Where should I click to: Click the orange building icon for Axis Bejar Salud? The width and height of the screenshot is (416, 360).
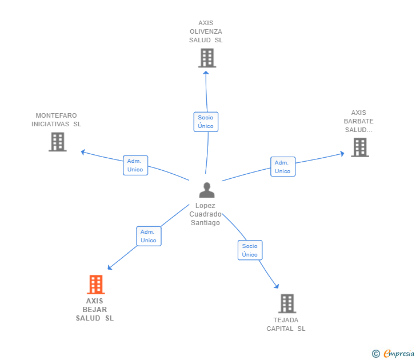click(95, 284)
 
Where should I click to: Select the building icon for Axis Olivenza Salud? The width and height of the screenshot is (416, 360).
click(207, 58)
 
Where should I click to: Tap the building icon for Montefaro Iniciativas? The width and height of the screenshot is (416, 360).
click(57, 142)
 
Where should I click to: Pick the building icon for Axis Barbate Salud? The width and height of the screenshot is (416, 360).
click(359, 147)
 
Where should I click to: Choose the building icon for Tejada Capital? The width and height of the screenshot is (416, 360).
click(287, 303)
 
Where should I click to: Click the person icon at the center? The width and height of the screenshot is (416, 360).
click(206, 190)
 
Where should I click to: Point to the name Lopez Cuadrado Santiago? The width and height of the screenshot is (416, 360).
click(206, 214)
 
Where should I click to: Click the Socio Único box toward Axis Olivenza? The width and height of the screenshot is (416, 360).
click(206, 122)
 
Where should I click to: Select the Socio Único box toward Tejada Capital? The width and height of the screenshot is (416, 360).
click(250, 250)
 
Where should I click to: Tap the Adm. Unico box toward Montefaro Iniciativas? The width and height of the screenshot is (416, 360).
click(135, 165)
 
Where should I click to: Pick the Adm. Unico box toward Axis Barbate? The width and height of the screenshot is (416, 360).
click(282, 167)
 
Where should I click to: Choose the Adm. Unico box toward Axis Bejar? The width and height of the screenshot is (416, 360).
click(149, 236)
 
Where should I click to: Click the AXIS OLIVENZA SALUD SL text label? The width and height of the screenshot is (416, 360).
click(206, 32)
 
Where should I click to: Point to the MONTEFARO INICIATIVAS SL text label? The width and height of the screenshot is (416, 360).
click(56, 119)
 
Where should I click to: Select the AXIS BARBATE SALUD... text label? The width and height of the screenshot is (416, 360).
click(358, 121)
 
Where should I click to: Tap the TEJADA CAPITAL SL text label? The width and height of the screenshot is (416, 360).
click(286, 324)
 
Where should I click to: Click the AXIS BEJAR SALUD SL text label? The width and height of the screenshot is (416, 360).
click(95, 310)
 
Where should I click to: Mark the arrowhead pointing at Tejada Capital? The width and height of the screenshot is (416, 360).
click(277, 286)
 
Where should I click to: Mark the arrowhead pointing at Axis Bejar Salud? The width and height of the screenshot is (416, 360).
click(110, 267)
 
